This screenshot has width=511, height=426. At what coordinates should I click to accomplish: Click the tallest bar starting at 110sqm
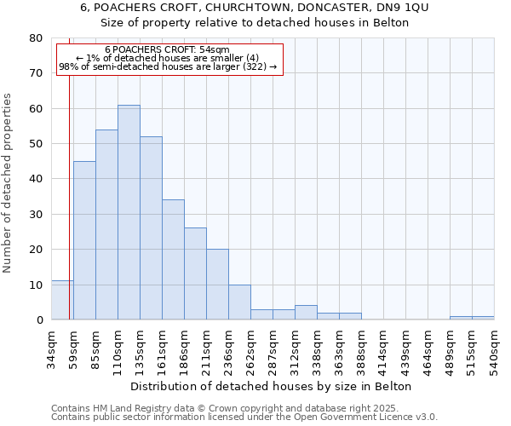point(129,212)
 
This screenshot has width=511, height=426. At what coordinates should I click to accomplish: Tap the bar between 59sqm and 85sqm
point(84,240)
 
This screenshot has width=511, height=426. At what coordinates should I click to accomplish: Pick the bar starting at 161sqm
point(173,260)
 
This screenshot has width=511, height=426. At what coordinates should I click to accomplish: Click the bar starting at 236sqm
point(239,302)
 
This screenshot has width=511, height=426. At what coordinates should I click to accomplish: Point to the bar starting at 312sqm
point(306,313)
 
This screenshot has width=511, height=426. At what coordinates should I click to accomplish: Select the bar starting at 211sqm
point(217,285)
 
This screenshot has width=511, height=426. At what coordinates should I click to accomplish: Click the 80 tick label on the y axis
point(35,38)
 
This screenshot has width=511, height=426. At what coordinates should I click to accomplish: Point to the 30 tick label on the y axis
point(35,215)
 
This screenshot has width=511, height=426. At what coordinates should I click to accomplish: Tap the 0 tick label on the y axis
point(38,320)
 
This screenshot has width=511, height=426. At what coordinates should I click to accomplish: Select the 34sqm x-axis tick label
point(52,346)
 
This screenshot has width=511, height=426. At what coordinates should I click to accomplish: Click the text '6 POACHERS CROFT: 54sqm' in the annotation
point(167,50)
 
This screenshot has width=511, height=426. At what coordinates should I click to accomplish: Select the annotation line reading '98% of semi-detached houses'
point(167,66)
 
